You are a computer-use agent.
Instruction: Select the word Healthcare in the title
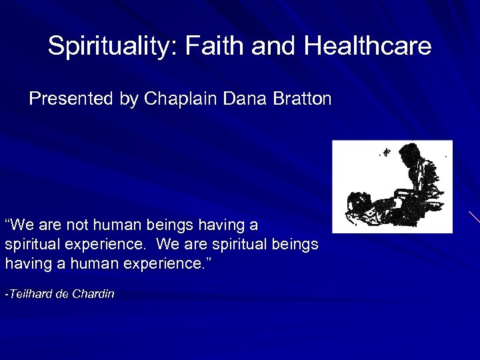click(x=367, y=47)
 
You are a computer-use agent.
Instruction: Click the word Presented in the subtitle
click(x=71, y=99)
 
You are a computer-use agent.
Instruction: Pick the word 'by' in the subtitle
click(x=129, y=99)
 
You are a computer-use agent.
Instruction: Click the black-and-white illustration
click(x=392, y=187)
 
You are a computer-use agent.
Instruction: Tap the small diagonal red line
click(x=474, y=217)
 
